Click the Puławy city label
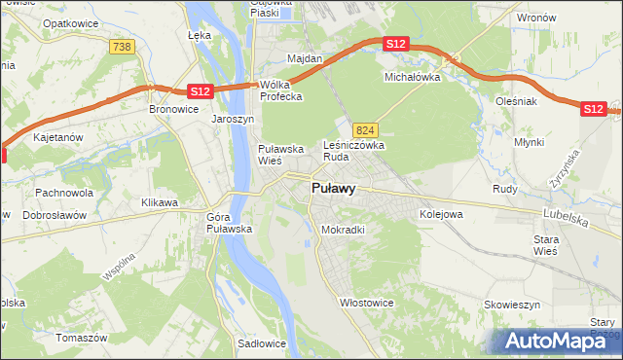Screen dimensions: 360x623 [x=333, y=189]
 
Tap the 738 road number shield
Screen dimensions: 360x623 [x=122, y=47]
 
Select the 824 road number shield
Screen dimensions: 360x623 [x=365, y=129]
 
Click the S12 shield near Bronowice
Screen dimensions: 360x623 [x=199, y=90]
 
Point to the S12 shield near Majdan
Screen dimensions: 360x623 [x=394, y=44]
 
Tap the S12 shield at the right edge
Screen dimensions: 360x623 [x=594, y=109]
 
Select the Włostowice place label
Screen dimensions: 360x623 [x=365, y=303]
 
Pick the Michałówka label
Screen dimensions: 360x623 [x=413, y=76]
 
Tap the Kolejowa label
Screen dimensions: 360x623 [x=440, y=213]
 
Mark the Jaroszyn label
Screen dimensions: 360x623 [x=233, y=120]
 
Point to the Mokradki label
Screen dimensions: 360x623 [x=343, y=231]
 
